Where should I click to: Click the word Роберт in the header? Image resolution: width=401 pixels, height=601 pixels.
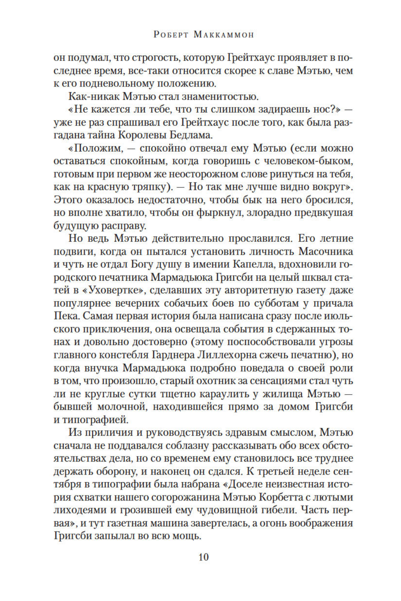coord(170,35)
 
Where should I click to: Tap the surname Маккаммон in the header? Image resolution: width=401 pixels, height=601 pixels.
coord(224,35)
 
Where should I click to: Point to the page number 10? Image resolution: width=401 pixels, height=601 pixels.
coord(203,557)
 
